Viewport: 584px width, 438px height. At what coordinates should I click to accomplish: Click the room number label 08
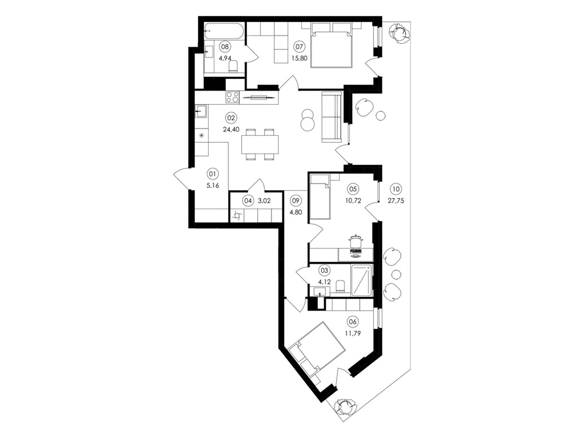(225, 47)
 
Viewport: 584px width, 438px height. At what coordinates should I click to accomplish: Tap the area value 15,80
(299, 58)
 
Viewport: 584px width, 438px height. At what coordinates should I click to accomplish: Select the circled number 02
(231, 118)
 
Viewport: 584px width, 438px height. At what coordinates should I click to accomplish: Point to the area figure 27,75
(396, 201)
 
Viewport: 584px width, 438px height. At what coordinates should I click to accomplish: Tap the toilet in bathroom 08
(233, 66)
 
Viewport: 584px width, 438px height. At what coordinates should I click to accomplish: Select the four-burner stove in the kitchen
(232, 97)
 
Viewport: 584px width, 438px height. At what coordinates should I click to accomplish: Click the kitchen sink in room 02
(201, 111)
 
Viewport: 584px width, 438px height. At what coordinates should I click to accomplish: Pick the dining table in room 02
(260, 145)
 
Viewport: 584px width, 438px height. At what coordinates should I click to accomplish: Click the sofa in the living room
(331, 117)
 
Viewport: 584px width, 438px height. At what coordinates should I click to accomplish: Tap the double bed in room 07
(331, 45)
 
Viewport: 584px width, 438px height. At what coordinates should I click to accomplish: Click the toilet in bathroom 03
(340, 286)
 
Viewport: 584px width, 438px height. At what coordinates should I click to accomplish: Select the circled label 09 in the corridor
(296, 200)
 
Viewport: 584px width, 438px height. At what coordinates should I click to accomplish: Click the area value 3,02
(264, 201)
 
